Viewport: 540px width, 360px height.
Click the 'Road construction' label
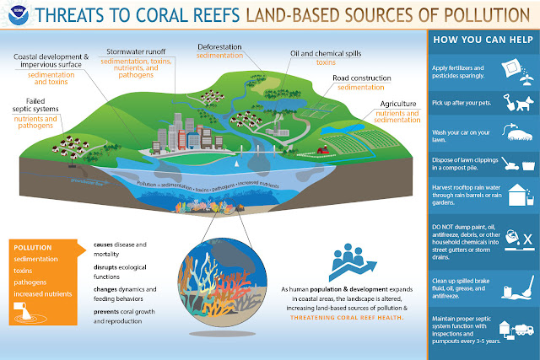pyautogui.click(x=365, y=78)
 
